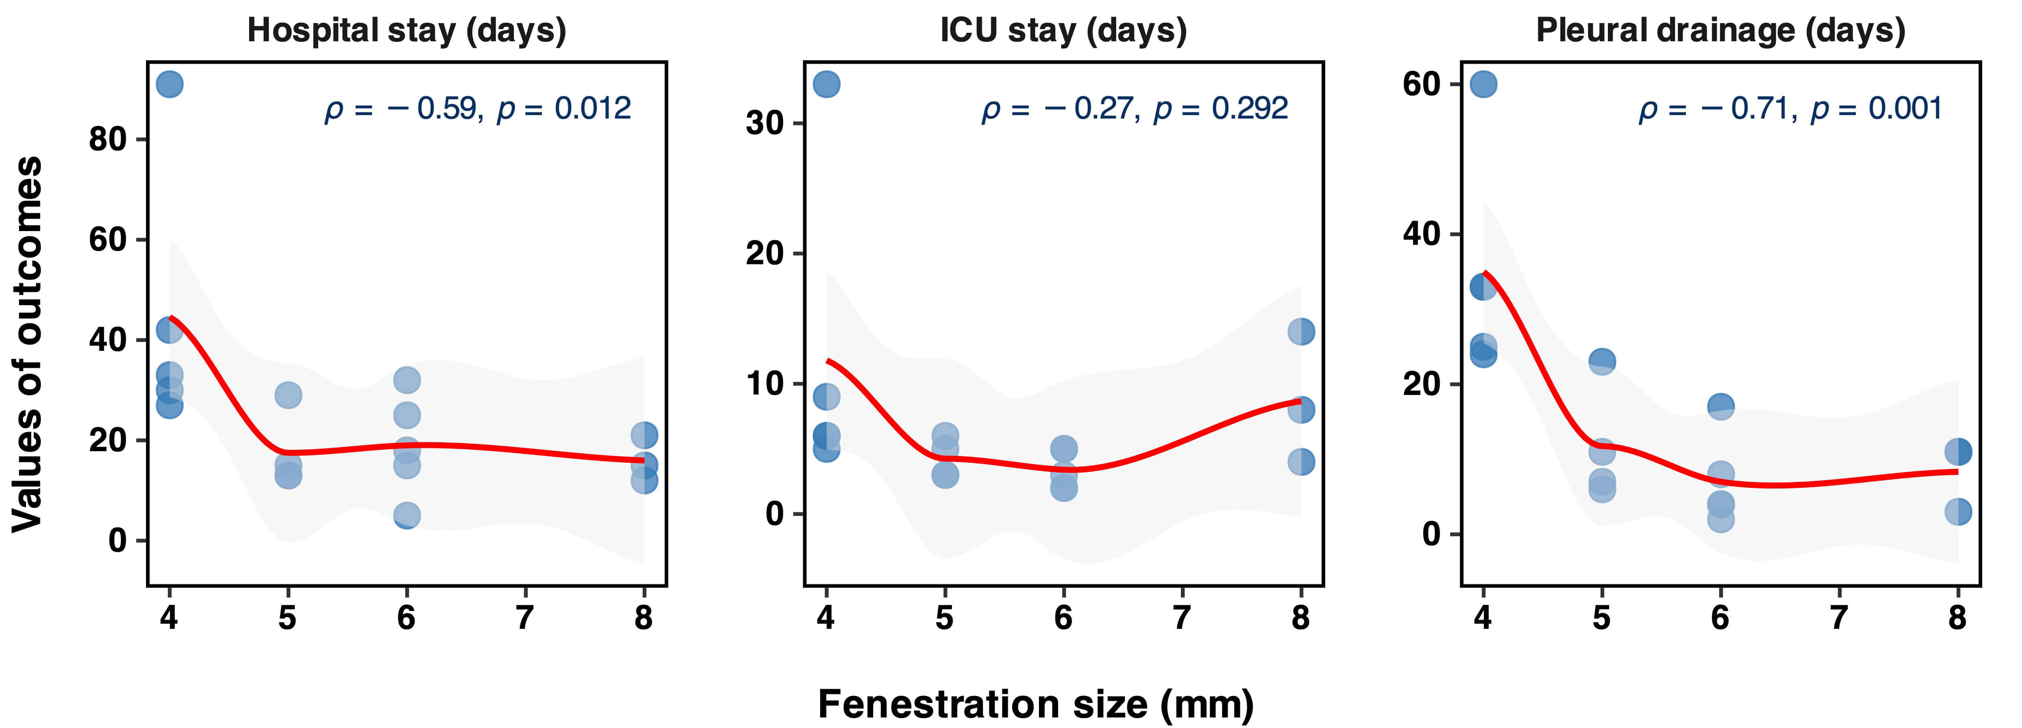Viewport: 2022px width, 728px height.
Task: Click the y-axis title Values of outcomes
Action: coord(28,344)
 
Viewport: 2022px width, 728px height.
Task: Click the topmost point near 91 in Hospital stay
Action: coord(169,84)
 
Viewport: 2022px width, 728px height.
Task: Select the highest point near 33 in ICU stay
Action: coord(827,84)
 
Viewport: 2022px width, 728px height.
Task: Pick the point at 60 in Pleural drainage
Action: coord(1483,84)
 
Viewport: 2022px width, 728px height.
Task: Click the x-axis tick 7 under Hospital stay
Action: coord(525,618)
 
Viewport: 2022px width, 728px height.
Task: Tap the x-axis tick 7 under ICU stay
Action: coord(1182,618)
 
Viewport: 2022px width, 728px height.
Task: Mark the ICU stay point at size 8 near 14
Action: coord(1301,331)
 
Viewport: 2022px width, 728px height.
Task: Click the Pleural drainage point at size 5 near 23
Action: coord(1602,361)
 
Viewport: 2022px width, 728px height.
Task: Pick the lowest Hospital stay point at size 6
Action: coord(406,515)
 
